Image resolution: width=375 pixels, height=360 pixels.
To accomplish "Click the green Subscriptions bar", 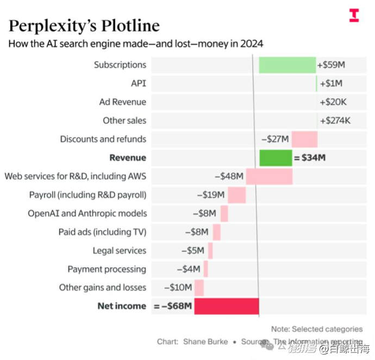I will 287,65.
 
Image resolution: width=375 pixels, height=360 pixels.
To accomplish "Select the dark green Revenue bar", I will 276,157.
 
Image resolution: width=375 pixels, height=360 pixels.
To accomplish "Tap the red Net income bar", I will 226,306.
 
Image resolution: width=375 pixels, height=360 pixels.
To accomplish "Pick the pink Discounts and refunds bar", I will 304,139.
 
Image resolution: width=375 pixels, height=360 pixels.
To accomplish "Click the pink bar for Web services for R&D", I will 269,176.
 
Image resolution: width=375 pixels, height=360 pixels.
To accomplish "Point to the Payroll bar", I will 236,195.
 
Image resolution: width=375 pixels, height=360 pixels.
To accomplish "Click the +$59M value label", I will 332,65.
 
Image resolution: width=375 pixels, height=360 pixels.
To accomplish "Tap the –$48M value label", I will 228,176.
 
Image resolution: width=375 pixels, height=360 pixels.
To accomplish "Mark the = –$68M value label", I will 173,306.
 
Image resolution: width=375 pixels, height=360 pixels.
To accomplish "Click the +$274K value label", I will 335,121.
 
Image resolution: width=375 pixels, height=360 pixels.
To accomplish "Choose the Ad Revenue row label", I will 122,102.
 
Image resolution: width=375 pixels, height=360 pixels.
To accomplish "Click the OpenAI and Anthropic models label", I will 87,213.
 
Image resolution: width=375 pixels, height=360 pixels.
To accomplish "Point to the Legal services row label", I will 119,250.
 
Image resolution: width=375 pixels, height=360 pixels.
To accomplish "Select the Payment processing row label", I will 107,269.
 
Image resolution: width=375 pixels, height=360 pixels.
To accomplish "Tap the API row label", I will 138,84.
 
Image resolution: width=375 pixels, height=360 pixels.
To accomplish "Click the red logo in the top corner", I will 354,15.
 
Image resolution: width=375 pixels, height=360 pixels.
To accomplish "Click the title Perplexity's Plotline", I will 84,25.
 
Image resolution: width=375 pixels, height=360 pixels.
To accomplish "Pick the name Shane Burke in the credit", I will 205,342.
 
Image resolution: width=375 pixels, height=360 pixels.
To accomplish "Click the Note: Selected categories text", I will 317,329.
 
